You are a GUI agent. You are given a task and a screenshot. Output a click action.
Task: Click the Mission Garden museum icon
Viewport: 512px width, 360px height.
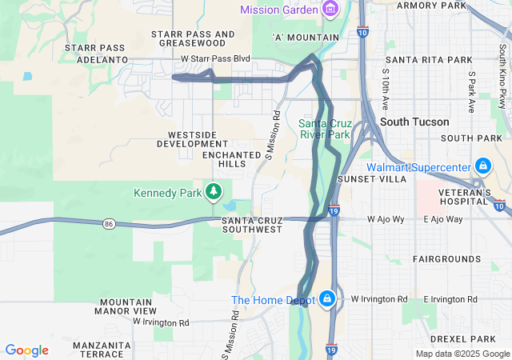pyautogui.click(x=329, y=9)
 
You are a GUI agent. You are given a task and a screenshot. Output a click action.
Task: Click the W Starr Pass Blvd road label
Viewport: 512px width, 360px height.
pyautogui.click(x=215, y=58)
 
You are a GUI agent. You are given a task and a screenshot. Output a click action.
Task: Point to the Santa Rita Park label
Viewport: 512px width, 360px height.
pyautogui.click(x=429, y=60)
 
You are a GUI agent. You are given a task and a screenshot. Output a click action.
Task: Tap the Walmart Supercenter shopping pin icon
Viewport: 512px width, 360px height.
pyautogui.click(x=482, y=166)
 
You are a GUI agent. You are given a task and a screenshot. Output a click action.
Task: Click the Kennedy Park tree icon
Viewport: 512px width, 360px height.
pyautogui.click(x=213, y=191)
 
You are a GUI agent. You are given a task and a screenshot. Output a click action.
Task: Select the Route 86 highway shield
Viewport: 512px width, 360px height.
pyautogui.click(x=108, y=225)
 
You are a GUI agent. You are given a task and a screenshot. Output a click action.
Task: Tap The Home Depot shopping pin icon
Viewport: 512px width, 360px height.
pyautogui.click(x=326, y=299)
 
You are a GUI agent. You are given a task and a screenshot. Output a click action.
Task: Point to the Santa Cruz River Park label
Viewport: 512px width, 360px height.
pyautogui.click(x=325, y=129)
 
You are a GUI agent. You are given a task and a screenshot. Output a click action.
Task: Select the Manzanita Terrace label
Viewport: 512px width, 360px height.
pyautogui.click(x=102, y=350)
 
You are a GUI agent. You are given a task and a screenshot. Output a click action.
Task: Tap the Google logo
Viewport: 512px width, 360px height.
pyautogui.click(x=26, y=350)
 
